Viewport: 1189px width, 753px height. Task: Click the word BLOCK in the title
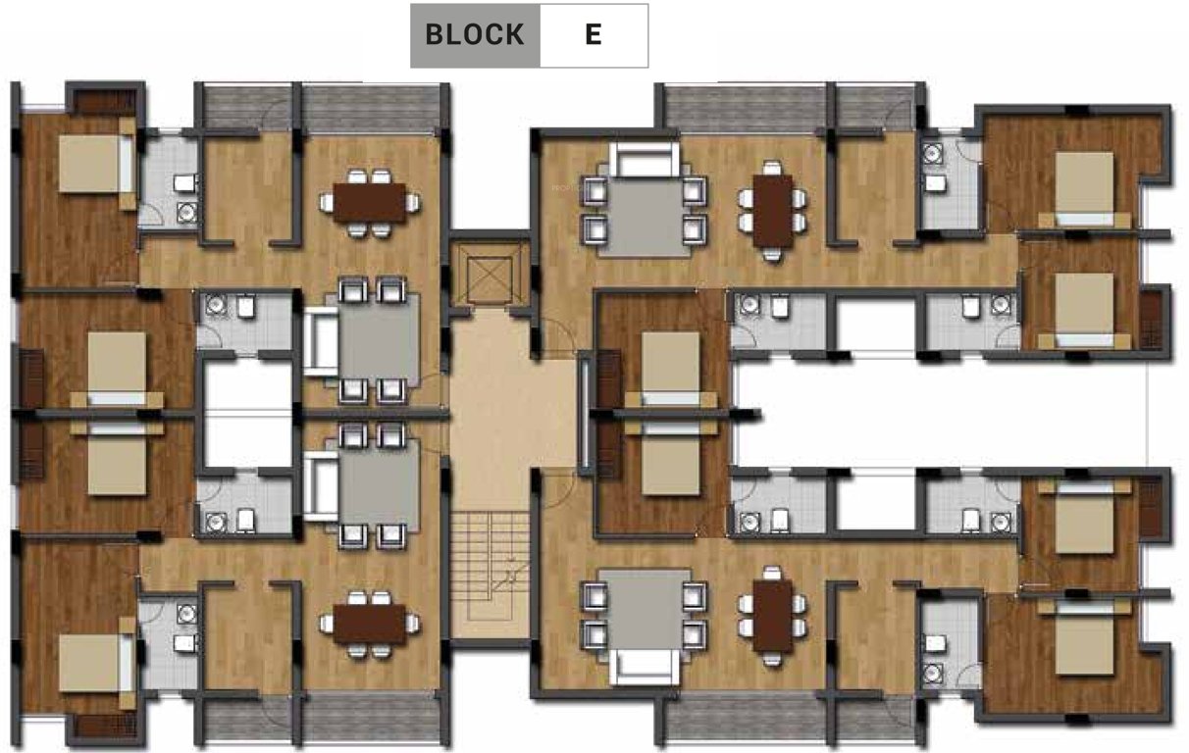tap(474, 35)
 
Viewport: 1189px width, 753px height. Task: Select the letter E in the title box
tap(593, 35)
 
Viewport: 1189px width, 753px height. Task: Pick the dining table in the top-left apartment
tap(369, 203)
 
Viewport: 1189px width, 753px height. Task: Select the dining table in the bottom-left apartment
tap(369, 623)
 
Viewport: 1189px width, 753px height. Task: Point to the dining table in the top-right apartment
tap(773, 208)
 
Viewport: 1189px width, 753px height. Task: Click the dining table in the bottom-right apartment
tap(773, 616)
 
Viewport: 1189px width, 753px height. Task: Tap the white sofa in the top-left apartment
tap(318, 341)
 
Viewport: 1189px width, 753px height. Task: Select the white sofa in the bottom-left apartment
tap(318, 487)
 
